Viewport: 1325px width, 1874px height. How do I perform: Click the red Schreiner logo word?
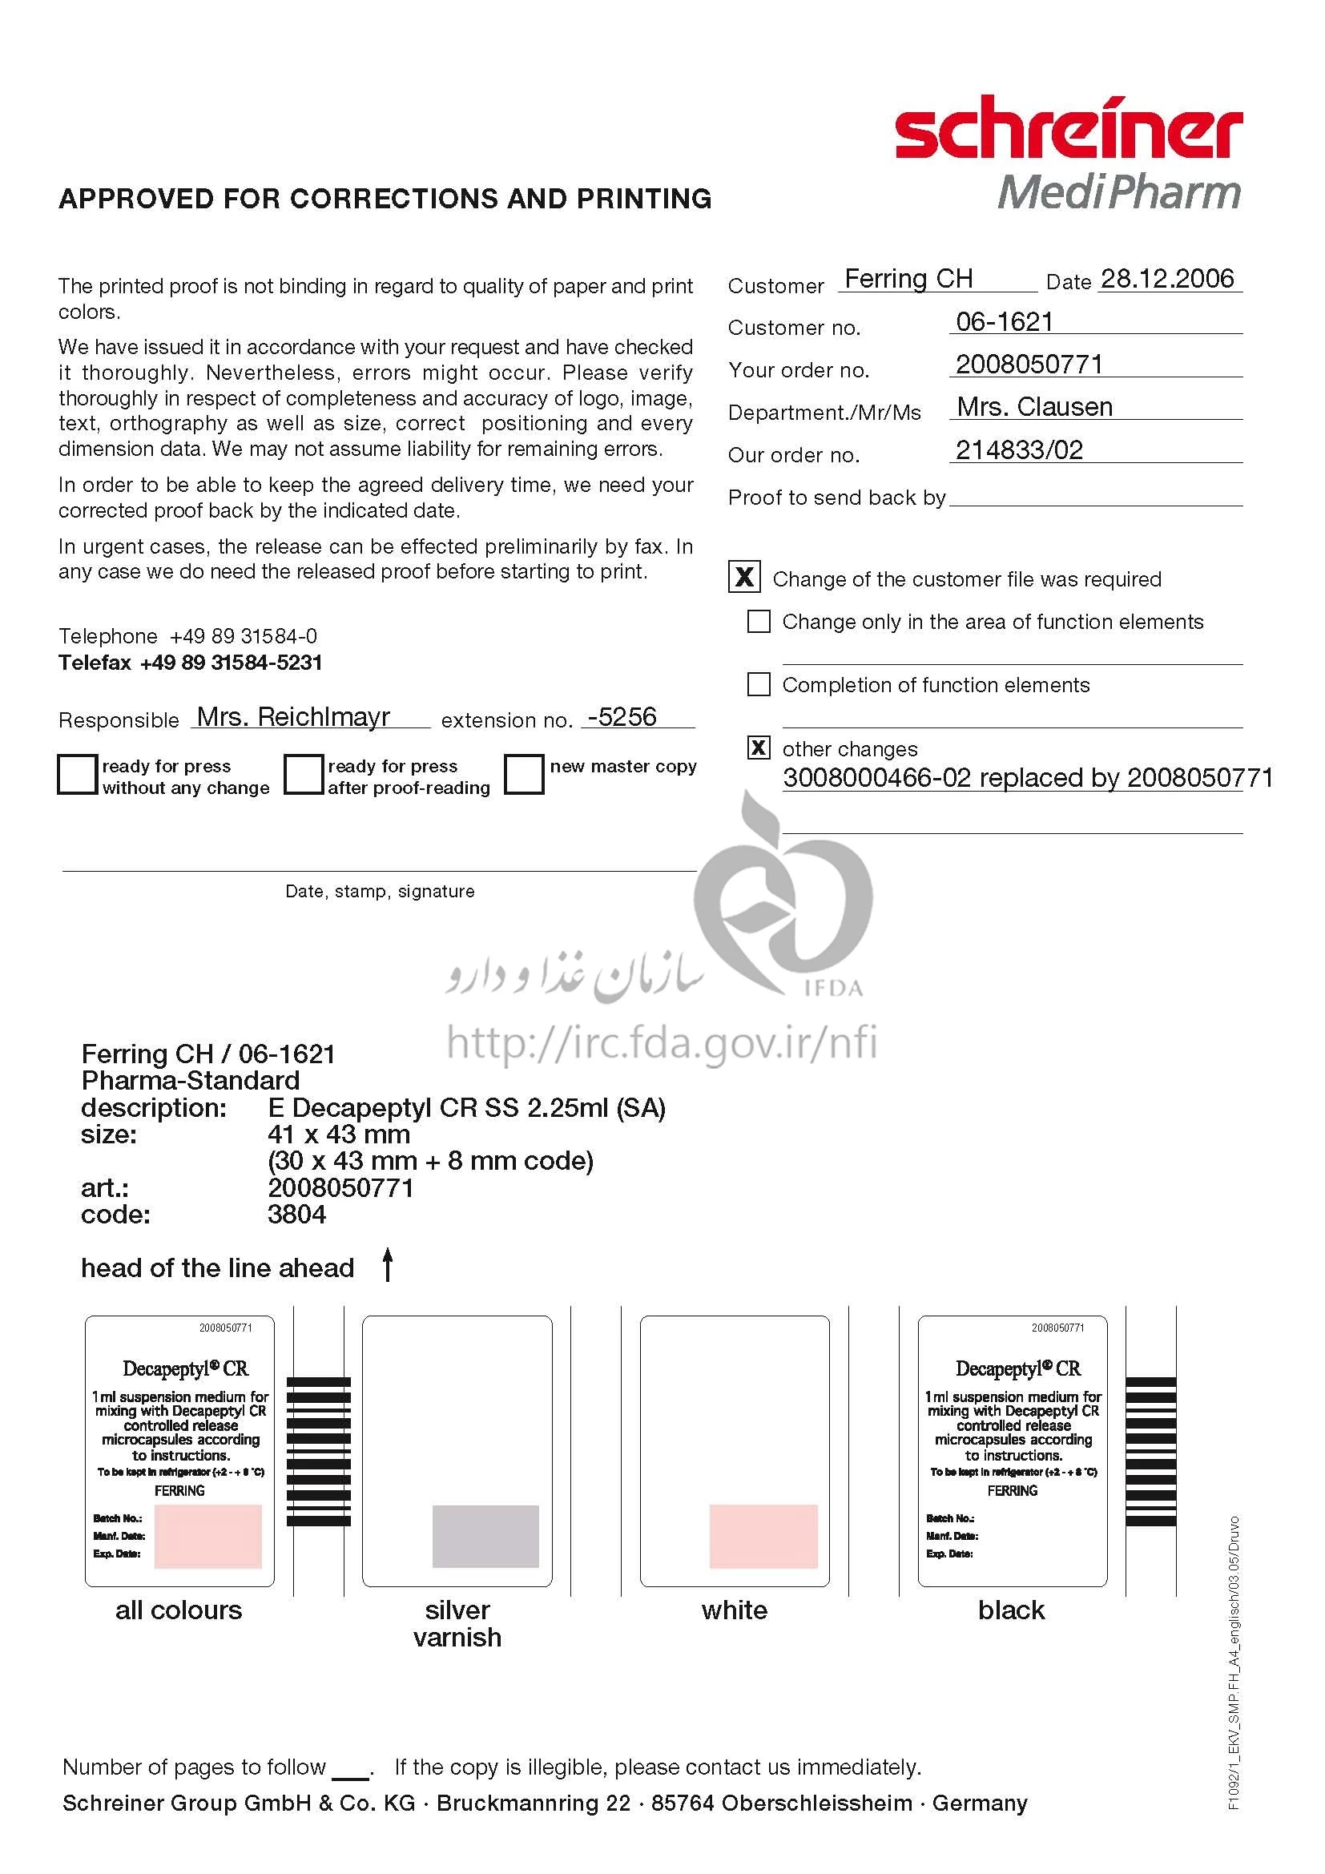1068,131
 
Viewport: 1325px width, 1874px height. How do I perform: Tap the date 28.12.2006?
1166,279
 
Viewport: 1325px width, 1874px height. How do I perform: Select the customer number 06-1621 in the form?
1005,322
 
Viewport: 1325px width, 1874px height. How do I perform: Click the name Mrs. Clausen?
1033,407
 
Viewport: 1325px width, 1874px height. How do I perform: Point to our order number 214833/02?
1019,450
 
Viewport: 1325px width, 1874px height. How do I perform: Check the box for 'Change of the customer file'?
744,577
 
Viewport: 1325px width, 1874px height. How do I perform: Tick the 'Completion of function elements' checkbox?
759,684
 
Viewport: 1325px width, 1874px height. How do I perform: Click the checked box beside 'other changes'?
759,748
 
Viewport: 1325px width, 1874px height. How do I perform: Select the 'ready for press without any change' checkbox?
78,774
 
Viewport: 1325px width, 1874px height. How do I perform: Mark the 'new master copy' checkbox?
524,774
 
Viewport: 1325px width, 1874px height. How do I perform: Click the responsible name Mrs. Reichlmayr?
294,717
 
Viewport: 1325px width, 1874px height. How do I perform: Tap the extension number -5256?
622,717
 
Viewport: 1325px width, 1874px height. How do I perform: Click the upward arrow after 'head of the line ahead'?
389,1264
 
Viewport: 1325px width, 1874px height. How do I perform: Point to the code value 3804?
297,1215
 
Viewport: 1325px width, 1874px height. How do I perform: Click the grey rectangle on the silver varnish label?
485,1536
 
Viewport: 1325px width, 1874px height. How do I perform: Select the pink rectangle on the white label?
763,1536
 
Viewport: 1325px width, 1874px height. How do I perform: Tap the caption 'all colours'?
179,1610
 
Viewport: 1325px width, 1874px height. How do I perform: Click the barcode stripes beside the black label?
1150,1452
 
